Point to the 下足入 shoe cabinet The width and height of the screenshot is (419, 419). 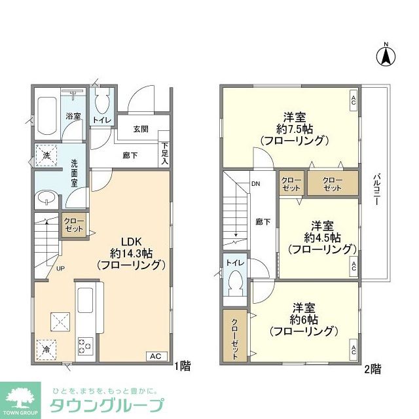point(165,153)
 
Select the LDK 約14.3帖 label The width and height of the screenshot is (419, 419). point(131,252)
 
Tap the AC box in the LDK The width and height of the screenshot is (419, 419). point(155,356)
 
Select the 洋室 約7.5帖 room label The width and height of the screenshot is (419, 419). point(293,128)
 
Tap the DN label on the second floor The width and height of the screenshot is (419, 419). point(255,184)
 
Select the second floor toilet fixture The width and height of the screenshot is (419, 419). point(234,279)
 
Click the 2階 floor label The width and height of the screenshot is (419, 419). point(373,369)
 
